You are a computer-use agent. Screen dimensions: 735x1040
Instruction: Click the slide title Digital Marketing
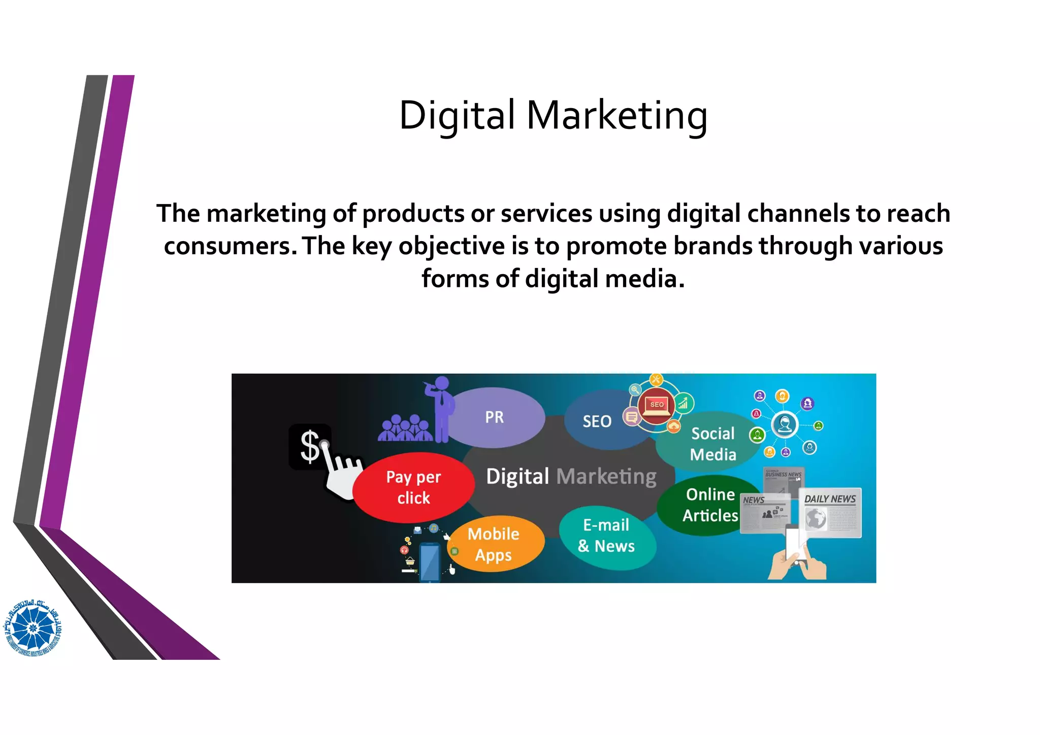point(552,116)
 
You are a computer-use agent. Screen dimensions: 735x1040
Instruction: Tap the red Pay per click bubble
point(413,487)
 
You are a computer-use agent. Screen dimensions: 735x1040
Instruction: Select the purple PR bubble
point(494,417)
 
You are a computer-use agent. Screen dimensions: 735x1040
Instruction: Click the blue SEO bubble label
point(597,421)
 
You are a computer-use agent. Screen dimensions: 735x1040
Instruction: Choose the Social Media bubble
point(712,444)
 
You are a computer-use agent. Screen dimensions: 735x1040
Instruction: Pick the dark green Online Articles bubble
point(710,505)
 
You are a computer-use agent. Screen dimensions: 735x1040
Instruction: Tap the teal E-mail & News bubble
point(606,536)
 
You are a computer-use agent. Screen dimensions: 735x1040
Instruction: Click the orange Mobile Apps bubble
point(494,544)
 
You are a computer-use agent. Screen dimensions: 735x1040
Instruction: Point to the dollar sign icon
point(309,446)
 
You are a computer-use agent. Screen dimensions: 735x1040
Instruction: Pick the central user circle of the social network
point(784,424)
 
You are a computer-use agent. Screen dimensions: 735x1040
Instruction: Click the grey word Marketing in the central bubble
point(606,477)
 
